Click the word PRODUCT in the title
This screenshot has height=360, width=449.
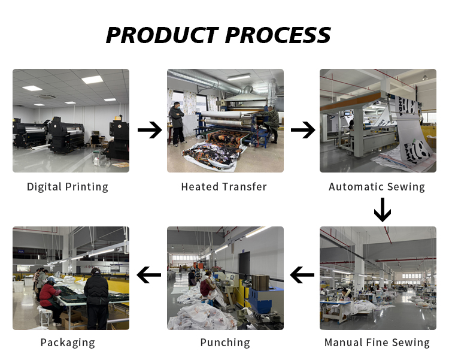point(162,35)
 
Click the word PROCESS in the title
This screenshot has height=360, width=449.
point(278,35)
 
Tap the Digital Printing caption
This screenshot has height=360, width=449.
point(68,187)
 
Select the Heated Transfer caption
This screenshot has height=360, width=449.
point(224,187)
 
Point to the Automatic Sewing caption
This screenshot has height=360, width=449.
point(377,187)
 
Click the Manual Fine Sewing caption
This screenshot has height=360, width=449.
point(377,343)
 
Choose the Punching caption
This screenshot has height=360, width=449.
point(225,343)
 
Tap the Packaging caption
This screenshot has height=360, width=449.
point(68,343)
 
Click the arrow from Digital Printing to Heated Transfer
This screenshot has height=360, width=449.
point(150,130)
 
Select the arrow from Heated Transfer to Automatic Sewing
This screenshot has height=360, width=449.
point(303,130)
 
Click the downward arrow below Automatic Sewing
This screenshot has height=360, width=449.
point(383,210)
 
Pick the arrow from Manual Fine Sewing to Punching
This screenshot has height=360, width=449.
point(302,274)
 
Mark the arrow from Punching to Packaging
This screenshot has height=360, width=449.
point(149,274)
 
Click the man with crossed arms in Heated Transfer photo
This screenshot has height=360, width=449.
point(178,123)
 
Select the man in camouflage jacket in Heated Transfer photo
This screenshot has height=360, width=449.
point(271,124)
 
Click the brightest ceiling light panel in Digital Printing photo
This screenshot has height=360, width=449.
point(92,80)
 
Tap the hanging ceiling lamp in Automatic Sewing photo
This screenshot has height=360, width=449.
point(424,77)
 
